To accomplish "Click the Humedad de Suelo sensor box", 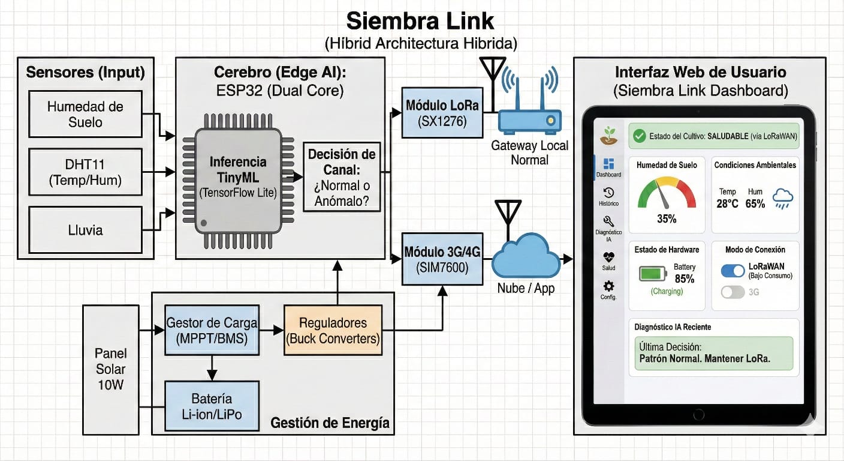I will point(86,114).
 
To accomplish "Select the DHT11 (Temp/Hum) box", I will point(86,172).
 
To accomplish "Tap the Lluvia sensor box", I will point(86,230).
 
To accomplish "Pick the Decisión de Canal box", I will point(342,177).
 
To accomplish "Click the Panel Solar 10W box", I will point(111,369).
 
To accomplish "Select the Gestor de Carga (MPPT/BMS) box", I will point(212,330).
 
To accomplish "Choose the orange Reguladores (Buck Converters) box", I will point(333,330).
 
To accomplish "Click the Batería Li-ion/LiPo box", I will point(212,406).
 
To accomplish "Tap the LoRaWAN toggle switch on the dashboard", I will point(733,271).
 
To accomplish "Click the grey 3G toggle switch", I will point(733,292).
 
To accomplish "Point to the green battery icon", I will point(652,274).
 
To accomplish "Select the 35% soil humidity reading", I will point(667,219).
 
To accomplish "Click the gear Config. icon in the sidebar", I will point(608,286).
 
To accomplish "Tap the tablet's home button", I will point(698,415).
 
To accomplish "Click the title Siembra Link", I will point(421,22).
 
